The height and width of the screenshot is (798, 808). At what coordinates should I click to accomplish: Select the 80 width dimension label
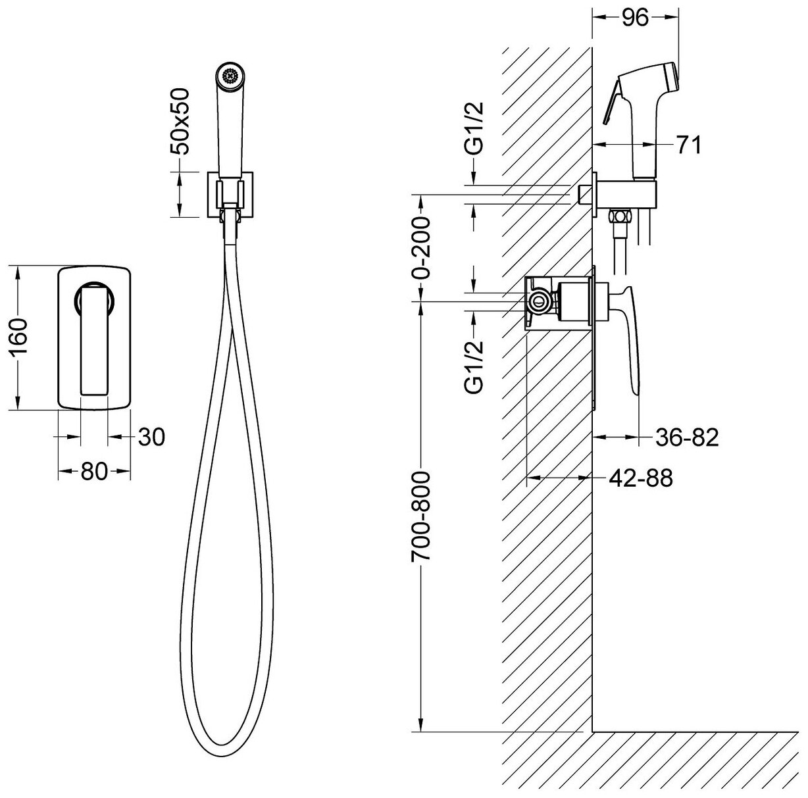[x=94, y=472]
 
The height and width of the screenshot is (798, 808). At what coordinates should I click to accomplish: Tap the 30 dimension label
[x=151, y=437]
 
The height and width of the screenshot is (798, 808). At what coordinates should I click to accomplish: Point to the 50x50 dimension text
[x=179, y=121]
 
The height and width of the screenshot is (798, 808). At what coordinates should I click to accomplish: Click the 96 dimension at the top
[x=635, y=18]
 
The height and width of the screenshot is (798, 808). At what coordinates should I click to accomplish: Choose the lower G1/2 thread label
[x=473, y=366]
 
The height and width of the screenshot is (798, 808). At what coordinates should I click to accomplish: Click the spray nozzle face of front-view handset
[x=230, y=75]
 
